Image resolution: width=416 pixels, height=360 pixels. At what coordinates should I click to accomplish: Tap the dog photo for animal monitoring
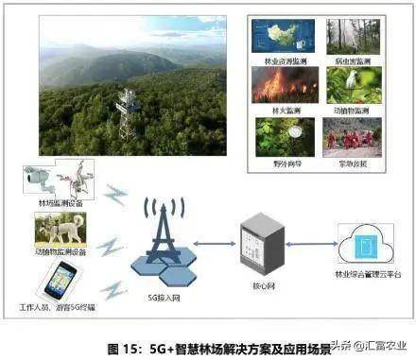pyautogui.click(x=60, y=229)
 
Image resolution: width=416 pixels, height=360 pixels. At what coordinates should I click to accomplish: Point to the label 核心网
pyautogui.click(x=257, y=281)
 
